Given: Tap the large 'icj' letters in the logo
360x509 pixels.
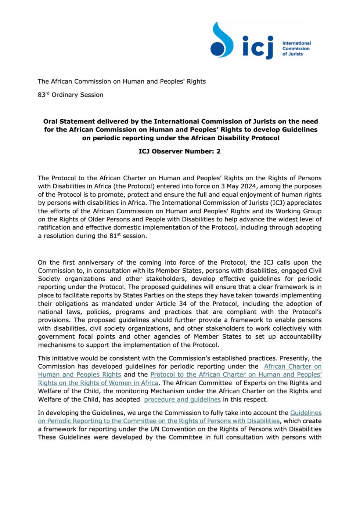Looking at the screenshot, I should pyautogui.click(x=258, y=47).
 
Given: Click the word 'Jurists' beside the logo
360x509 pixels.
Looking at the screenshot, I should pyautogui.click(x=295, y=54).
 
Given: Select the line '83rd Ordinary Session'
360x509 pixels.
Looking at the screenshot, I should pyautogui.click(x=71, y=95).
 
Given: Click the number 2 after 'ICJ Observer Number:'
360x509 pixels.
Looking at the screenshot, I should pyautogui.click(x=218, y=151).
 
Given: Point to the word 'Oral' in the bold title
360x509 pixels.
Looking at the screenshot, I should pyautogui.click(x=50, y=122).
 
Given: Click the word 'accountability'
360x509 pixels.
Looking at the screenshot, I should pyautogui.click(x=300, y=337).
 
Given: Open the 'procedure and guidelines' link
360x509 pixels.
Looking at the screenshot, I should pyautogui.click(x=182, y=400).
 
